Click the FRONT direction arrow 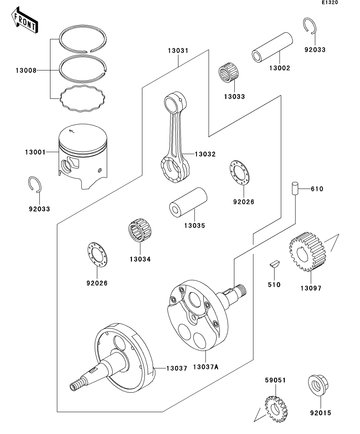tap(25, 20)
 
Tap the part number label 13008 tap(26, 70)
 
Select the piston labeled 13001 tap(83, 156)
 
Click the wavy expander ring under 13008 tap(83, 99)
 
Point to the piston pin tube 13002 tap(272, 47)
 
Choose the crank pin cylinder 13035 tap(188, 202)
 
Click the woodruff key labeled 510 tap(275, 264)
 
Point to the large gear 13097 tap(307, 251)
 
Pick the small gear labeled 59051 tap(276, 409)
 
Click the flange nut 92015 tap(318, 385)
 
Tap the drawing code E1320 tap(330, 2)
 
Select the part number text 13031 tap(178, 51)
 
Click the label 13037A tap(206, 367)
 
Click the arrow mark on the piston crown tap(72, 131)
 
